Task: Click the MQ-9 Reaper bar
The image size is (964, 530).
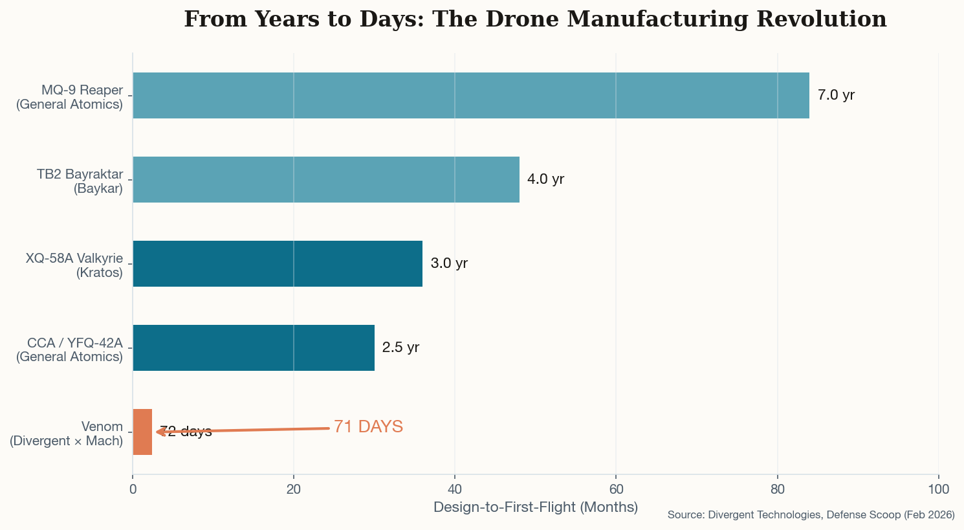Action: click(x=470, y=95)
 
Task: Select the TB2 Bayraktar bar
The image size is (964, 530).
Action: click(x=325, y=179)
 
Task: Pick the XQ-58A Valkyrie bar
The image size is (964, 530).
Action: click(x=277, y=263)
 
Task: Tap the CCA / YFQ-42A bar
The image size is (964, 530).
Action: click(x=253, y=348)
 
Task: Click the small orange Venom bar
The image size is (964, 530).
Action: click(x=142, y=432)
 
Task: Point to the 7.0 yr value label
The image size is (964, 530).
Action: click(x=836, y=95)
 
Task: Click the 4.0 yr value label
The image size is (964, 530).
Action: click(x=545, y=179)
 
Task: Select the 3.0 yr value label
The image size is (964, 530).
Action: click(x=449, y=263)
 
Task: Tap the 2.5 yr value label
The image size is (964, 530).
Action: click(x=400, y=348)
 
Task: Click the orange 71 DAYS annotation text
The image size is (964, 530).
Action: click(x=368, y=426)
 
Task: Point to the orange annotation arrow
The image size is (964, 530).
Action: click(x=246, y=430)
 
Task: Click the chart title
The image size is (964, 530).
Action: click(x=535, y=19)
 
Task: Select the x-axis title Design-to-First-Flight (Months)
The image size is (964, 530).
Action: click(x=535, y=507)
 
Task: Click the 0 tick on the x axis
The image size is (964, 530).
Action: click(x=133, y=489)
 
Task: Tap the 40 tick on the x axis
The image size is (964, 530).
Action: click(x=455, y=489)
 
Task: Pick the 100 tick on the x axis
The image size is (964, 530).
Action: click(x=938, y=489)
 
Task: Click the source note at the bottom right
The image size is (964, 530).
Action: click(x=811, y=515)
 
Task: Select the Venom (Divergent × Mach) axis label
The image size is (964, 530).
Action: click(x=67, y=434)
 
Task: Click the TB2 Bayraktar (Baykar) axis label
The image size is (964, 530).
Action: click(x=80, y=181)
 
